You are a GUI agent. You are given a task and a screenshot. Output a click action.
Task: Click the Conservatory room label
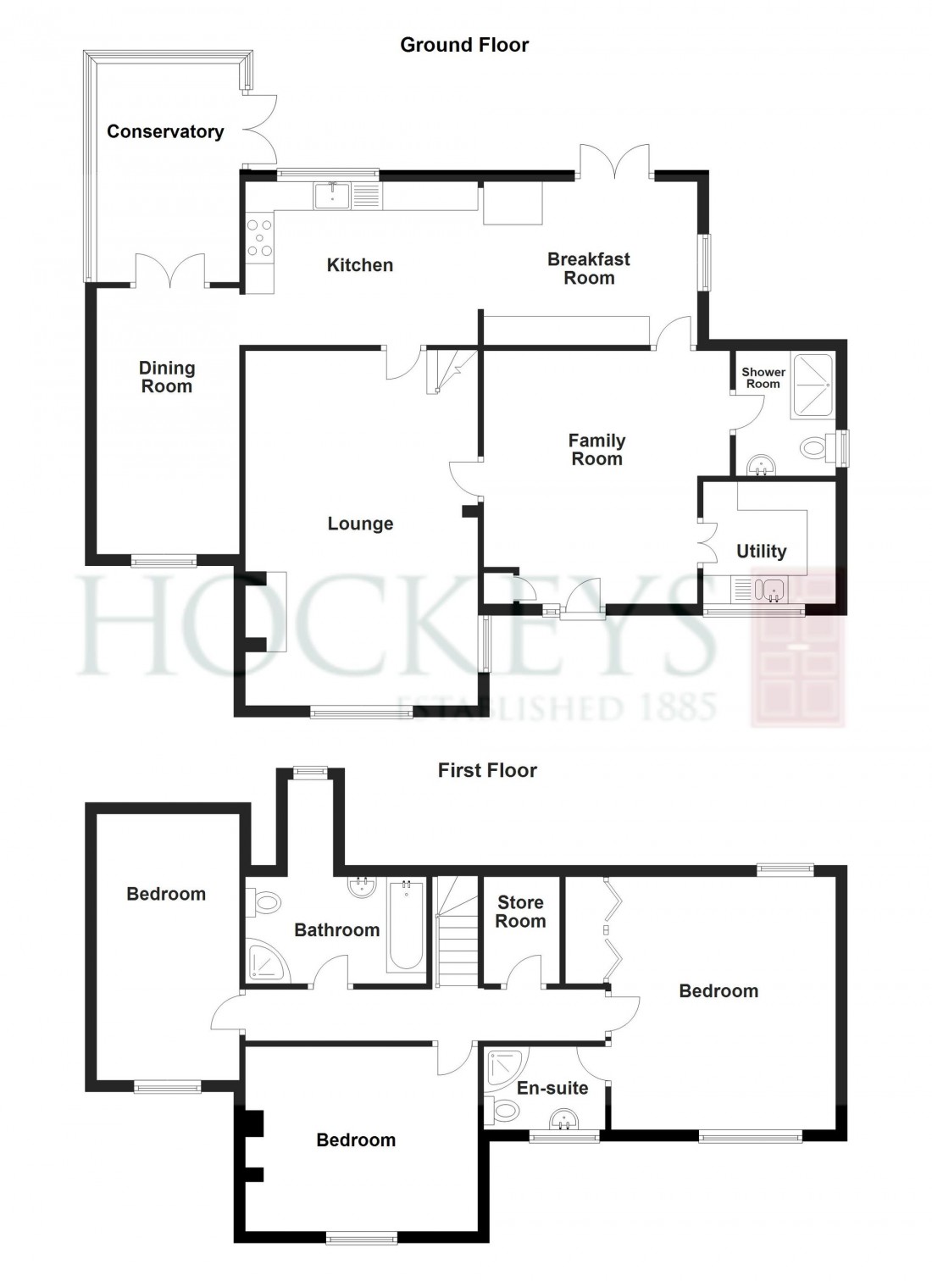165,131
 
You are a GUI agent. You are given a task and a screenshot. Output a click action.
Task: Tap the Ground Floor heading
464,45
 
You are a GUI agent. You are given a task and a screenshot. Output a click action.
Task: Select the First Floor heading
487,770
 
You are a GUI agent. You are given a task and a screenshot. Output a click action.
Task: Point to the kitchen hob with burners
259,238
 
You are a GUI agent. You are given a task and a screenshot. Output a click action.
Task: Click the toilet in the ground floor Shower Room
815,446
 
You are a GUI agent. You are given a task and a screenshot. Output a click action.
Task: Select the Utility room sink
772,589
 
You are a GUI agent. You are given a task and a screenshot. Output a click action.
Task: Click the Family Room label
596,449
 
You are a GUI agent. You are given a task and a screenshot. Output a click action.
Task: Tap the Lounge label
360,524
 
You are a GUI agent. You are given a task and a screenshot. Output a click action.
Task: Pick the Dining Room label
167,377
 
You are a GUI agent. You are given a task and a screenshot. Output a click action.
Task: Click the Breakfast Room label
589,269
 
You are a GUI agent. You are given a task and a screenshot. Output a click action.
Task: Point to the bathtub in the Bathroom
406,925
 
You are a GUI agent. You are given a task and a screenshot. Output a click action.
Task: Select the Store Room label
520,912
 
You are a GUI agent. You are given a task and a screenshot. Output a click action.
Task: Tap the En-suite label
552,1088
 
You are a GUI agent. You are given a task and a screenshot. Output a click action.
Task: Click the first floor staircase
457,932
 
